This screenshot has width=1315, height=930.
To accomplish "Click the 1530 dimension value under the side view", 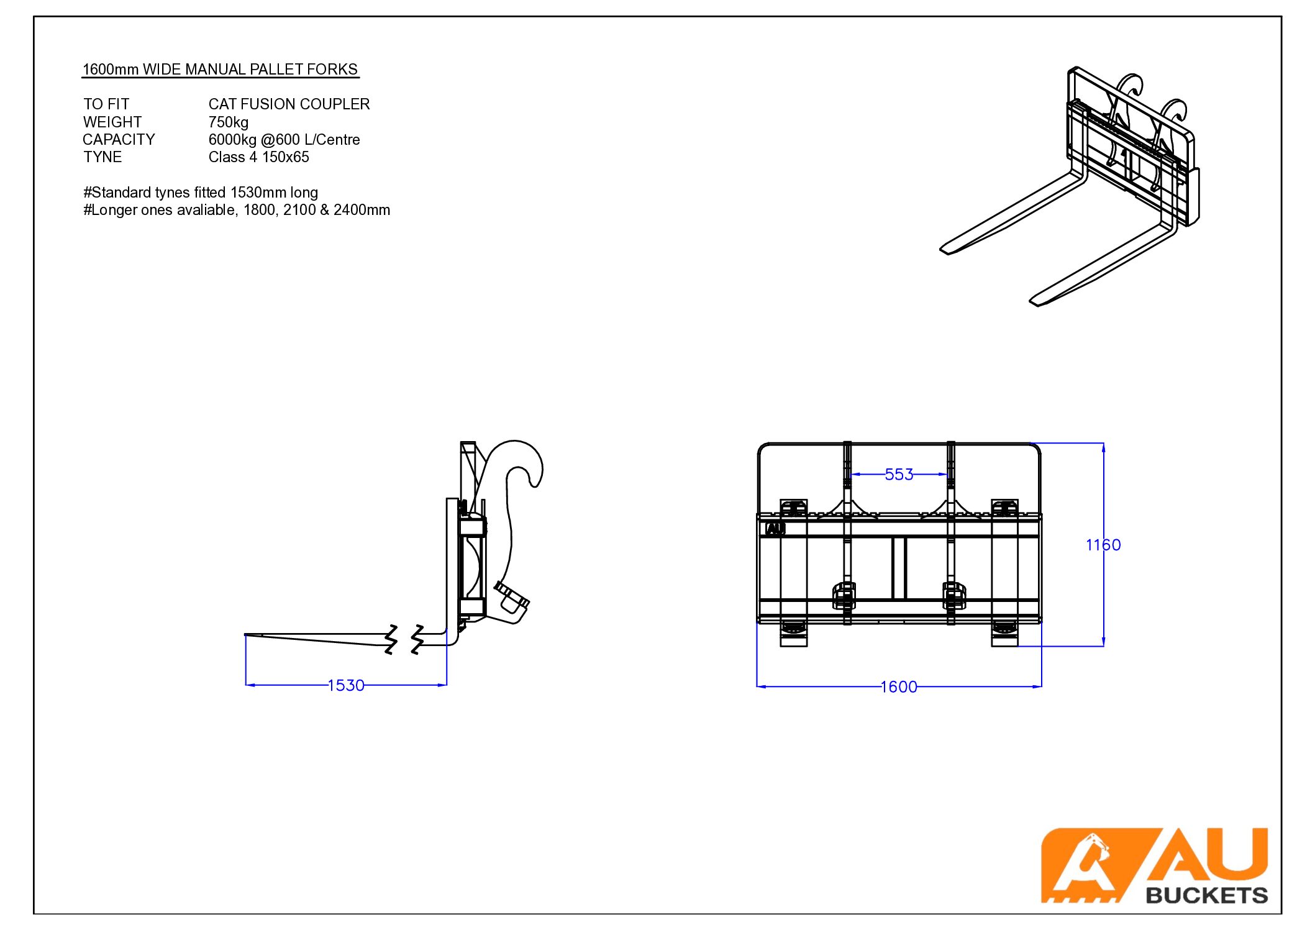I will (345, 685).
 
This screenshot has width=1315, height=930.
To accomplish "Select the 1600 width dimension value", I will (898, 687).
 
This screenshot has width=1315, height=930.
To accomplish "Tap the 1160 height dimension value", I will (1103, 545).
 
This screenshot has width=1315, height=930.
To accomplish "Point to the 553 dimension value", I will (899, 475).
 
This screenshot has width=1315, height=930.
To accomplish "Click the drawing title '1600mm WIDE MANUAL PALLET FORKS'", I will (220, 69).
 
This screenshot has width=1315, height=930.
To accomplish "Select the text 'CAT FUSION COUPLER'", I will (289, 104).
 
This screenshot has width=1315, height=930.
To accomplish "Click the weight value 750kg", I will (228, 122).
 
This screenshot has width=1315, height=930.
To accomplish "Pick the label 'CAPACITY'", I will (119, 139).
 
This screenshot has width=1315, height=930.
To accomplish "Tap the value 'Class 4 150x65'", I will (258, 157).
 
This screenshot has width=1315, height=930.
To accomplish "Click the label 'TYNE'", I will (102, 157).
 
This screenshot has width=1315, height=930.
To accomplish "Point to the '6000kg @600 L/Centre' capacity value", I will (284, 139).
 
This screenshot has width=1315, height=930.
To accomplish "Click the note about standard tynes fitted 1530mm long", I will (201, 193).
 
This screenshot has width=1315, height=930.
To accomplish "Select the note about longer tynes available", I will (237, 210).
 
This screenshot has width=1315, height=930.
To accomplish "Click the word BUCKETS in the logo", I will (1206, 895).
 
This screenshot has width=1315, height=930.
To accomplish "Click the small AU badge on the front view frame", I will (775, 529).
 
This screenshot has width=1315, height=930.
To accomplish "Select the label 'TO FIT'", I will (106, 104).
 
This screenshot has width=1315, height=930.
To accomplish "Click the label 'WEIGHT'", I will (112, 122).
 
